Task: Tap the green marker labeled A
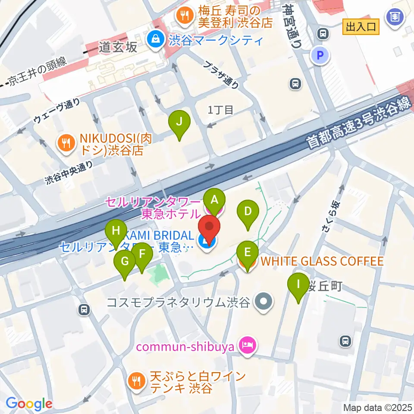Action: tap(214, 200)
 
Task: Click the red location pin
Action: tap(209, 227)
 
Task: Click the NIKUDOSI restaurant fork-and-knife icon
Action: tap(66, 143)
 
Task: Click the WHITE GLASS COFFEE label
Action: tap(322, 261)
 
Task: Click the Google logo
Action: tap(28, 403)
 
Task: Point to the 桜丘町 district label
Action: tap(324, 285)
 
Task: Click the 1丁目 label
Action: tap(220, 110)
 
